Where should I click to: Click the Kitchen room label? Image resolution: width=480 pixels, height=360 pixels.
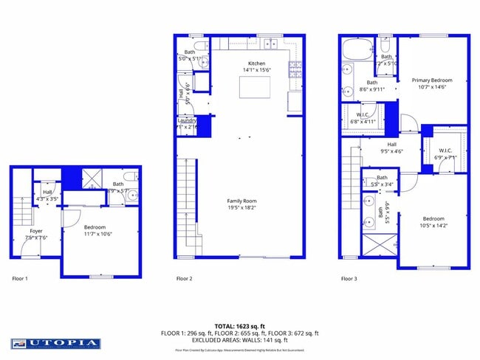[x=256, y=63]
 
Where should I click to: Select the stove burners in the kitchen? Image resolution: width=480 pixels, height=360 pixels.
[x=295, y=70]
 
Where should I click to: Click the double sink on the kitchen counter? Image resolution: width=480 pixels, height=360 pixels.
[x=271, y=44]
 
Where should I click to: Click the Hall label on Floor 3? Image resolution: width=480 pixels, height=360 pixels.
[x=391, y=145]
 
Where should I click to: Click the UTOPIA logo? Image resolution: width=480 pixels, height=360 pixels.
[x=55, y=343]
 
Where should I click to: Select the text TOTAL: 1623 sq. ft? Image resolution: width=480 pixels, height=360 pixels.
[x=239, y=325]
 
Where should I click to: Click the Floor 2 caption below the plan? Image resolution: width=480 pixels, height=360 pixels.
[x=184, y=279]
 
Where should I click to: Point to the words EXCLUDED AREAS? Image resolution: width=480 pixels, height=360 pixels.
[x=217, y=340]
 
